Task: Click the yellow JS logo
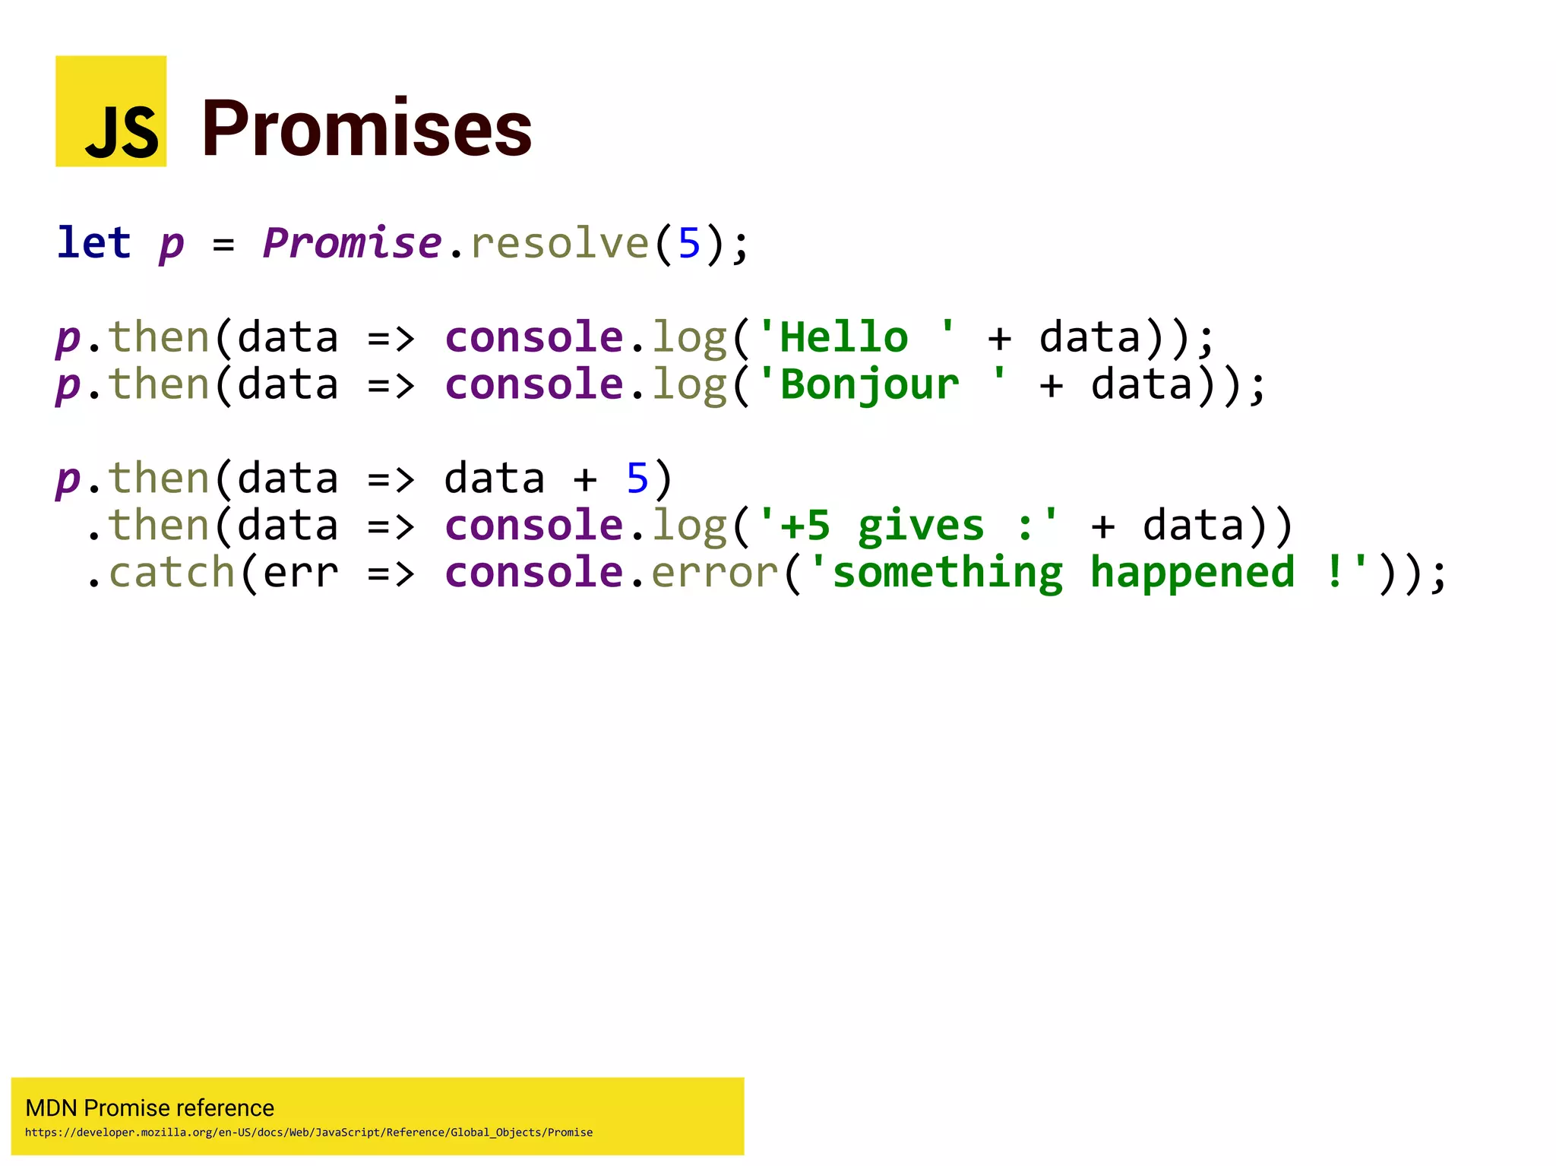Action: pyautogui.click(x=111, y=111)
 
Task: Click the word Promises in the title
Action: pyautogui.click(x=367, y=129)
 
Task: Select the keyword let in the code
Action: pyautogui.click(x=94, y=243)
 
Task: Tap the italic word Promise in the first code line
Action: pyautogui.click(x=352, y=243)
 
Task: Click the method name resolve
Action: pyautogui.click(x=559, y=243)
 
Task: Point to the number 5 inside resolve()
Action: pyautogui.click(x=689, y=243)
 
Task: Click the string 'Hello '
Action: pyautogui.click(x=856, y=337)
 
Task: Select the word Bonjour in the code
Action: pyautogui.click(x=869, y=384)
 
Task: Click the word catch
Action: pyautogui.click(x=172, y=572)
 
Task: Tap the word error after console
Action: pyautogui.click(x=715, y=572)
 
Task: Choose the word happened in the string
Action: pyautogui.click(x=1192, y=572)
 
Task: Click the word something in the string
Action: pyautogui.click(x=947, y=572)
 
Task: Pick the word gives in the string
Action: pyautogui.click(x=921, y=526)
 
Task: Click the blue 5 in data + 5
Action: pyautogui.click(x=637, y=479)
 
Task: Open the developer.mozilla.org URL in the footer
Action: pyautogui.click(x=308, y=1132)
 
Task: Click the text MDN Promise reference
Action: pyautogui.click(x=150, y=1108)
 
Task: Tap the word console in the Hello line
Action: pyautogui.click(x=533, y=337)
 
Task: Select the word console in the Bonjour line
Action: pyautogui.click(x=533, y=384)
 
